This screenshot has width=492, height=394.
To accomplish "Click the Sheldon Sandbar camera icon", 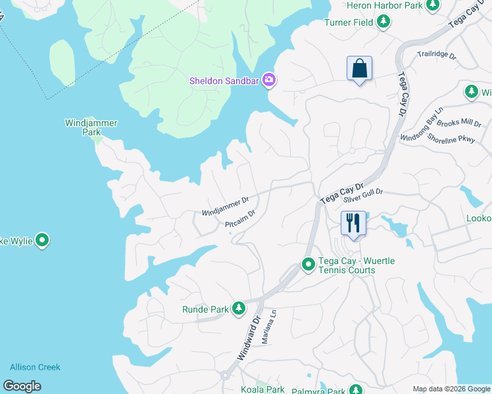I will [268, 80].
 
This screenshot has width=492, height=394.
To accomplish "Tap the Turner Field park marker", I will [383, 22].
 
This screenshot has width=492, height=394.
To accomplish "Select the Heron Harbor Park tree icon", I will [433, 5].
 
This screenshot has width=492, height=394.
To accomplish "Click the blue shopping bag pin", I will [359, 68].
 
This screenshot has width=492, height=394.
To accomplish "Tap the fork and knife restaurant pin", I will [353, 223].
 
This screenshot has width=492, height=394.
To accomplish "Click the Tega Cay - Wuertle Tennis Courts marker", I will [308, 265].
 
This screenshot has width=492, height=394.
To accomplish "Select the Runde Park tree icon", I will [238, 308].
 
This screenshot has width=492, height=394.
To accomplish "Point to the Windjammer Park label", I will [82, 127].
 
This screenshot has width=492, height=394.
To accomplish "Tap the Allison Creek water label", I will [35, 367].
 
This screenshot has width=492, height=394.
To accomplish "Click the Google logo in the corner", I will [22, 386].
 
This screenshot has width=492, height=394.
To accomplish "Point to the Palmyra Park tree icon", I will [355, 390].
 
